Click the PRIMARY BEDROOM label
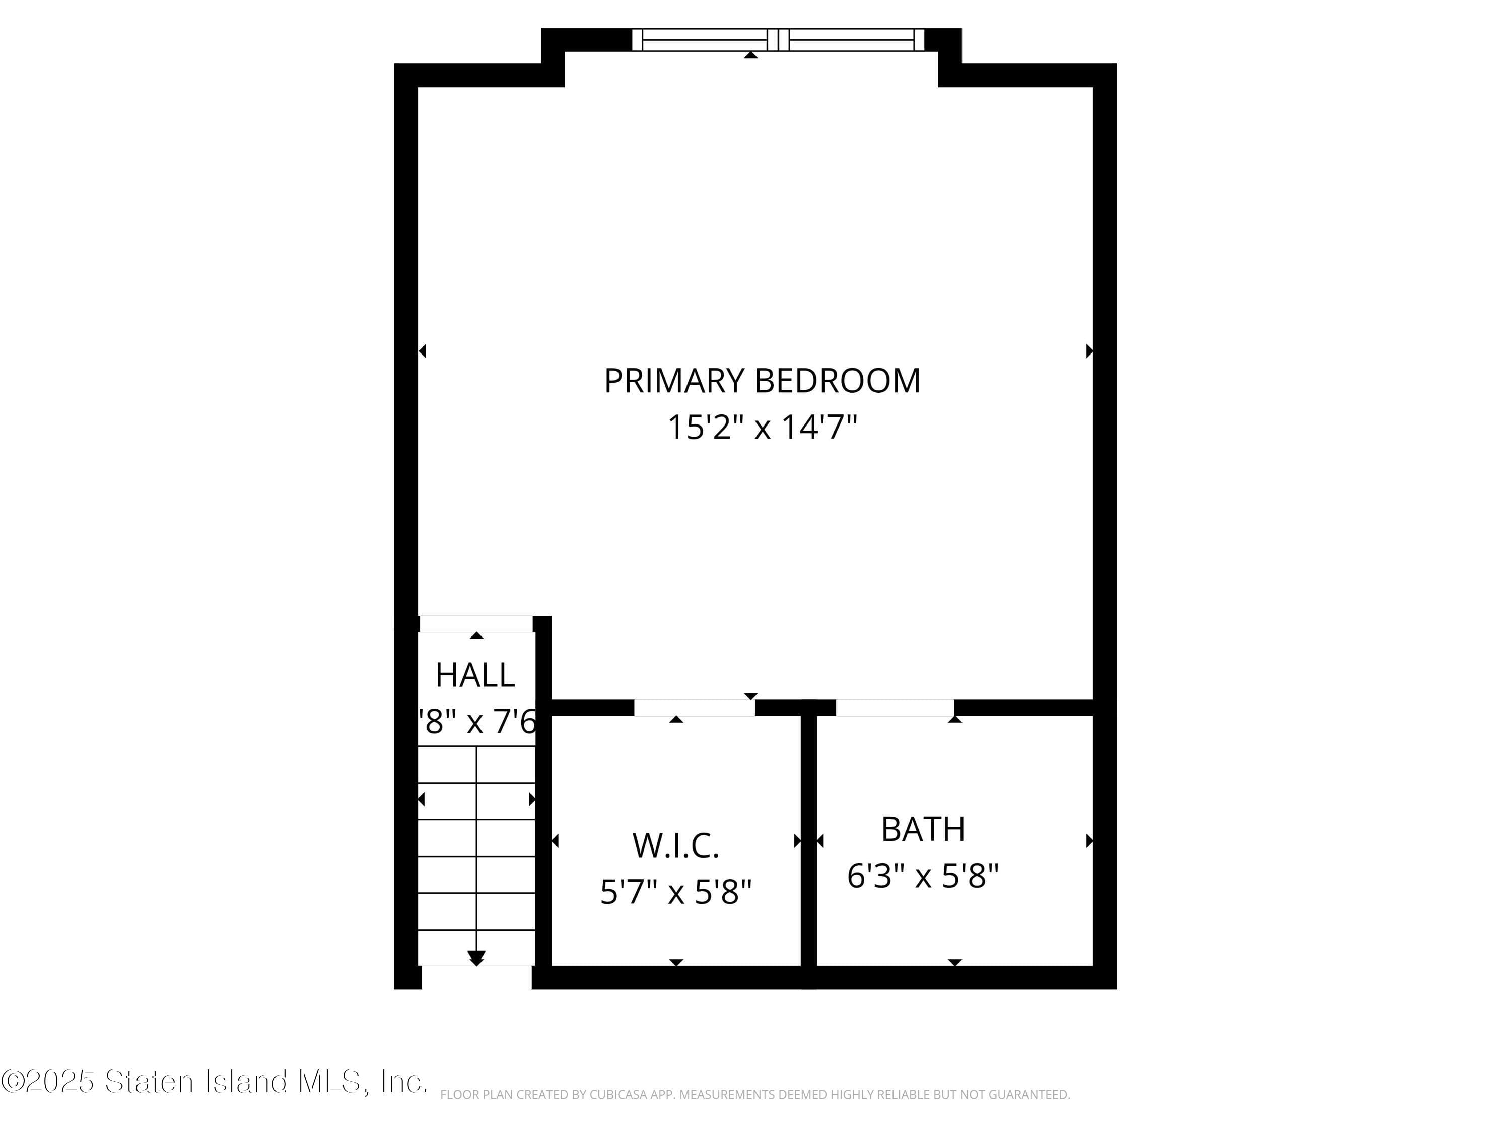point(762,381)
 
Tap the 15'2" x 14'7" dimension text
point(762,428)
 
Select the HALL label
point(475,675)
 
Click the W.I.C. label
point(675,846)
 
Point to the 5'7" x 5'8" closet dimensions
point(675,892)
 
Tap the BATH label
point(923,830)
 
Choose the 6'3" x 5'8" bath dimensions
point(923,876)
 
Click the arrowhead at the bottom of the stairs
point(476,957)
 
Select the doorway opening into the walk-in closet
point(694,708)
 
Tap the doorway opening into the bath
point(895,708)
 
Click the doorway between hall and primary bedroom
point(475,624)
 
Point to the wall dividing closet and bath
point(809,840)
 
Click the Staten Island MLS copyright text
point(215,1082)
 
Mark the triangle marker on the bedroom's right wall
point(1089,351)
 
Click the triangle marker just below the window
point(751,54)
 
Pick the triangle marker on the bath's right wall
point(1089,841)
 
